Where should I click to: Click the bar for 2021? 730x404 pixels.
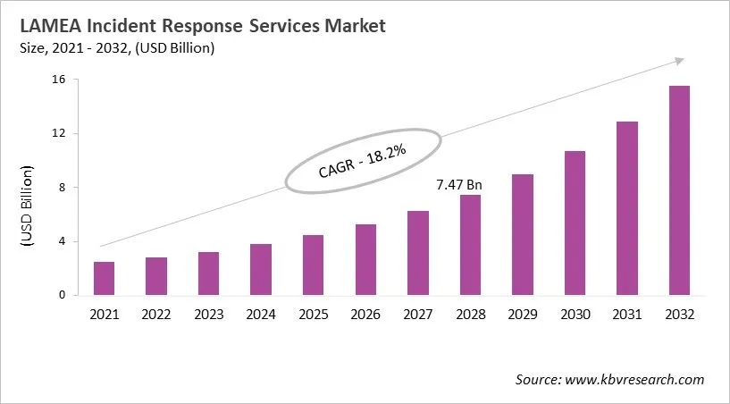(104, 278)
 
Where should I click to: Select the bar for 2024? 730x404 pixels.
(261, 269)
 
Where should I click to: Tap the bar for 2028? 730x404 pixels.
(470, 245)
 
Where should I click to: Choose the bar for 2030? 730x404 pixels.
(575, 223)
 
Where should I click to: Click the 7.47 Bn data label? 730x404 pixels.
(459, 185)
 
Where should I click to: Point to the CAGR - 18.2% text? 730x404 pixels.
(362, 161)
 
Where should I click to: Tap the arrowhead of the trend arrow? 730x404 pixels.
(680, 61)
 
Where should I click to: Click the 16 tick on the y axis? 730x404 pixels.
(63, 80)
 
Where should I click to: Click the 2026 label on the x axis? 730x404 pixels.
(365, 315)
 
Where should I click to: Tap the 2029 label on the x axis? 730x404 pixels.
(523, 315)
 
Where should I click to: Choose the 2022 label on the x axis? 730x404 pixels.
(156, 315)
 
